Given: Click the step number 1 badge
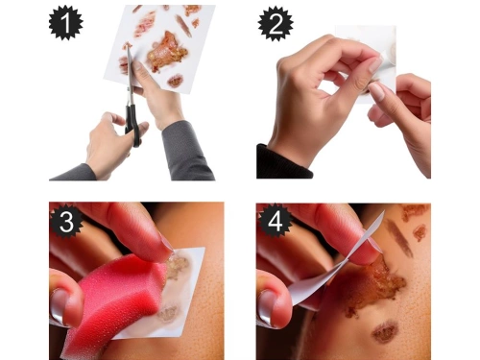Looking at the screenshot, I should click(x=67, y=21).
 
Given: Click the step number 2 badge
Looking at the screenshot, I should click(x=276, y=21).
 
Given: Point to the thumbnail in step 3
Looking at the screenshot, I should click(x=60, y=306).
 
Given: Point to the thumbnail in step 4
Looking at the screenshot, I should click(x=268, y=306).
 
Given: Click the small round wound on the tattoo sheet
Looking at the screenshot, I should click(x=175, y=82).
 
